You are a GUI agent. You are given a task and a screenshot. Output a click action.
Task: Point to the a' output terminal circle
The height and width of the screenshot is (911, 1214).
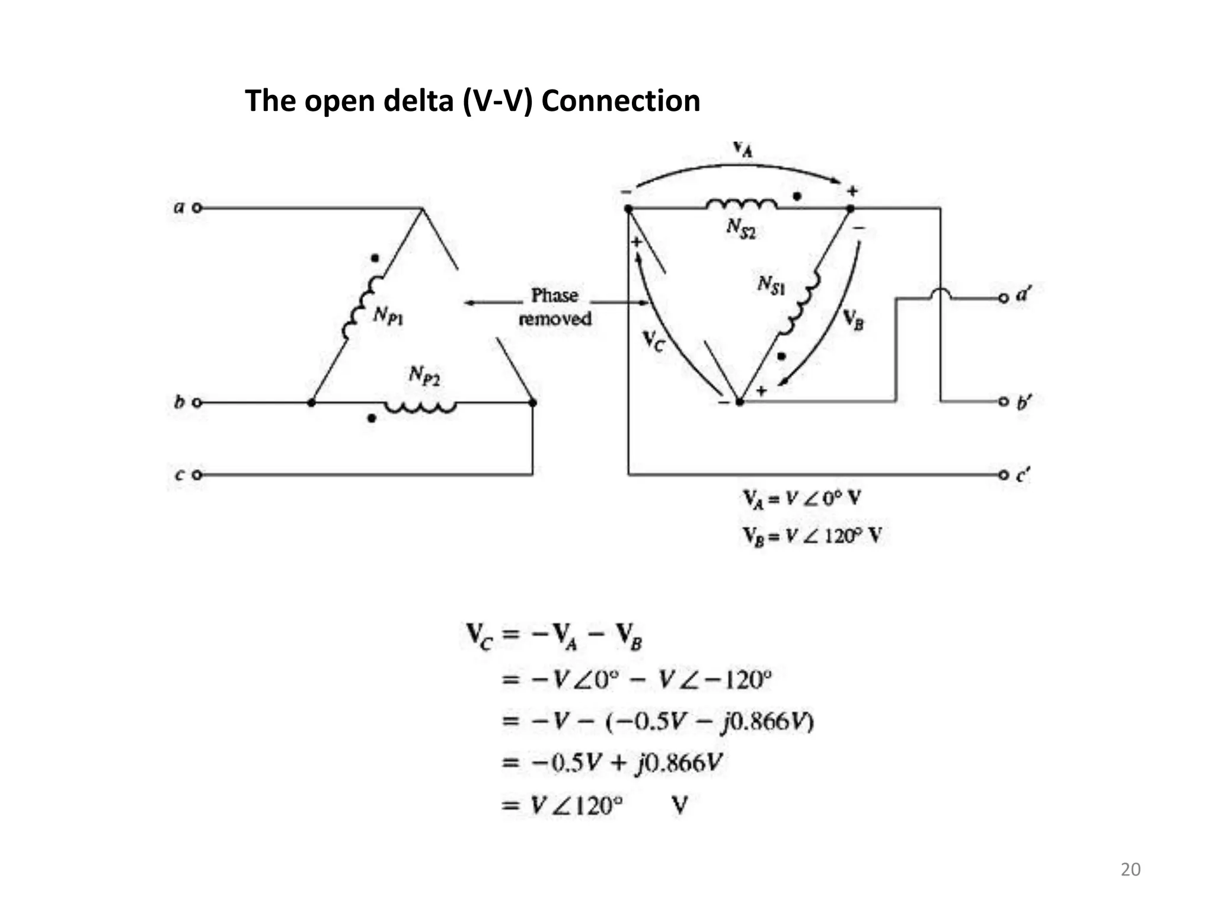pyautogui.click(x=1003, y=298)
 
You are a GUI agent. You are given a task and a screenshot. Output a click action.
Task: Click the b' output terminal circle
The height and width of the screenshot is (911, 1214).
pyautogui.click(x=1003, y=402)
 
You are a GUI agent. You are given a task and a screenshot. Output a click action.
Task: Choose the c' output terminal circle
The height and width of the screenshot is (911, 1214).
pyautogui.click(x=1003, y=474)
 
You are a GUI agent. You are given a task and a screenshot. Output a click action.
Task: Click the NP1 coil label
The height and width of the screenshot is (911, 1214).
pyautogui.click(x=388, y=316)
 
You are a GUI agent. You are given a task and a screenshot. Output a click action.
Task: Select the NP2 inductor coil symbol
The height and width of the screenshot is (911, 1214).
pyautogui.click(x=420, y=407)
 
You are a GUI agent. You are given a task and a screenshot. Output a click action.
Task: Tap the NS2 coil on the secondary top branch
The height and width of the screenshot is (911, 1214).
pyautogui.click(x=741, y=205)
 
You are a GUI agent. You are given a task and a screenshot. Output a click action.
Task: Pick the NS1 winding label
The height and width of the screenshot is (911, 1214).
pyautogui.click(x=771, y=286)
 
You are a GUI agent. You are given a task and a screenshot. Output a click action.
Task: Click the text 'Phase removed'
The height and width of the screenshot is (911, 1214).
pyautogui.click(x=555, y=307)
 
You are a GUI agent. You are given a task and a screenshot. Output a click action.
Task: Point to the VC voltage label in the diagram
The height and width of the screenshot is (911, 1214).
pyautogui.click(x=654, y=341)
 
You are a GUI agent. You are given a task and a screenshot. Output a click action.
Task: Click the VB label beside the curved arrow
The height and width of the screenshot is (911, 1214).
pyautogui.click(x=854, y=320)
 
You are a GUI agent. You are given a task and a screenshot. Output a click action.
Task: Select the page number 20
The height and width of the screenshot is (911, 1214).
pyautogui.click(x=1130, y=869)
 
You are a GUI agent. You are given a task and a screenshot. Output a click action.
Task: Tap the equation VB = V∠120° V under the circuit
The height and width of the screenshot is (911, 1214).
pyautogui.click(x=812, y=536)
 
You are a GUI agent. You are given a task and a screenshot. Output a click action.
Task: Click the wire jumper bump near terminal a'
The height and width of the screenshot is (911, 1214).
pyautogui.click(x=941, y=294)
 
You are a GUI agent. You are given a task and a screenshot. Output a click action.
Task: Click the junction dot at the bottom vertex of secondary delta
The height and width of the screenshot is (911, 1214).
pyautogui.click(x=739, y=402)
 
